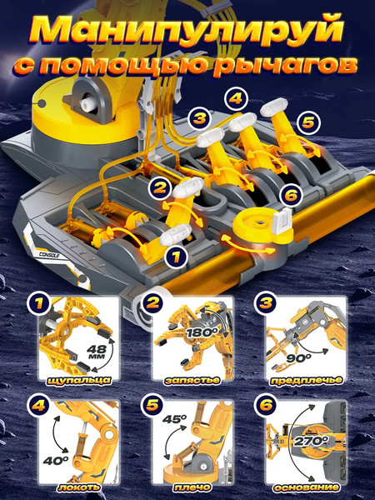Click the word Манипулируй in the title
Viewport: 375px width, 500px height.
[187, 32]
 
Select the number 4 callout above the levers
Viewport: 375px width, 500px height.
[236, 98]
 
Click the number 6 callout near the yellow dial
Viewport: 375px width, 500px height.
[291, 194]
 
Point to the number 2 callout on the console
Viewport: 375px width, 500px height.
[160, 187]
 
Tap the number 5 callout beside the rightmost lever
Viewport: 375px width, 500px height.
[308, 122]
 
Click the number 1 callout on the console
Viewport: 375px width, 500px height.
[177, 257]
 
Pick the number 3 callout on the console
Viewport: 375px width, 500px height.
[200, 118]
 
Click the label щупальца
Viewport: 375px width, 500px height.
[79, 381]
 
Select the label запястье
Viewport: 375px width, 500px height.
[192, 381]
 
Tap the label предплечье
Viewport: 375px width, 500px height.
[306, 381]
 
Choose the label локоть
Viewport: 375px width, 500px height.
[79, 487]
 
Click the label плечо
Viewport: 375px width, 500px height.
[192, 487]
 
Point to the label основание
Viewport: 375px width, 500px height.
[306, 487]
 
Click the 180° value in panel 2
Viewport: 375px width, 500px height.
[202, 332]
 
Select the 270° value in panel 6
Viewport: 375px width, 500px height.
[311, 441]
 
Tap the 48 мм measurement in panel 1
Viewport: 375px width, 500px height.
[97, 351]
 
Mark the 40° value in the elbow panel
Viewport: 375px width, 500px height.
[56, 461]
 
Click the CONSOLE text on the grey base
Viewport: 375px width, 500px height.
[50, 254]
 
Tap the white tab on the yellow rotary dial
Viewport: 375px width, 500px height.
[282, 220]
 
